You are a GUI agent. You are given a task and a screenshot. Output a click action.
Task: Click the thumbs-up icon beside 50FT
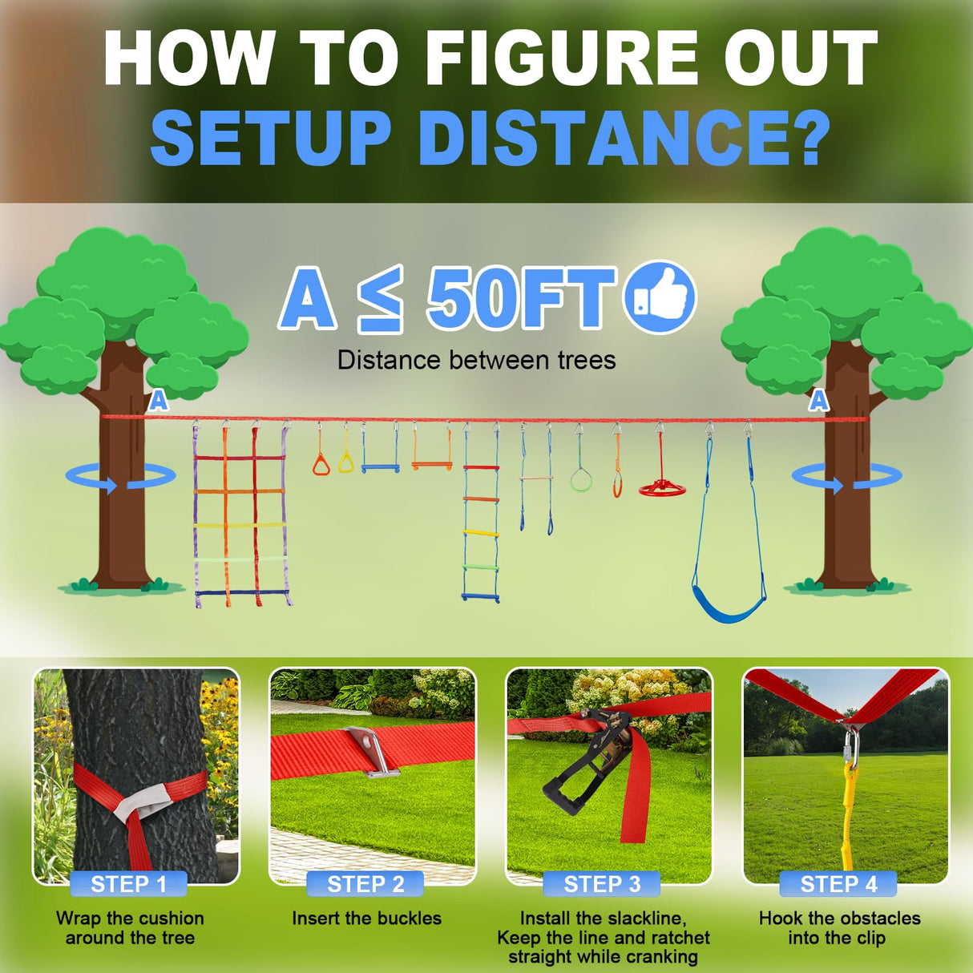point(660,297)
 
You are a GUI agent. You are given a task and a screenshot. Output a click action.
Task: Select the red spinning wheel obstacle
point(662,487)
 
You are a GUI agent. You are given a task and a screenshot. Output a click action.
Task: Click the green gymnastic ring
point(581,480)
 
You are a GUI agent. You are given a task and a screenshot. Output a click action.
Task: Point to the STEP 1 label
point(128,884)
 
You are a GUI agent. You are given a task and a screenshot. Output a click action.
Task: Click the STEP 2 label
point(365,884)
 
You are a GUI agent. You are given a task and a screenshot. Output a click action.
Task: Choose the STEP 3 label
point(602,884)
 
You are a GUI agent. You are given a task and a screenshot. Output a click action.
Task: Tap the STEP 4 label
point(838,884)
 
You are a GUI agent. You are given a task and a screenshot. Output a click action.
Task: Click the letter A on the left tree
point(159,400)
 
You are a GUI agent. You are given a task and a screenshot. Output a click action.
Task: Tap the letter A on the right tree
point(818,400)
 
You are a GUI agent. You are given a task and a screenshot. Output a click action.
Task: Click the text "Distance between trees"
point(477,361)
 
